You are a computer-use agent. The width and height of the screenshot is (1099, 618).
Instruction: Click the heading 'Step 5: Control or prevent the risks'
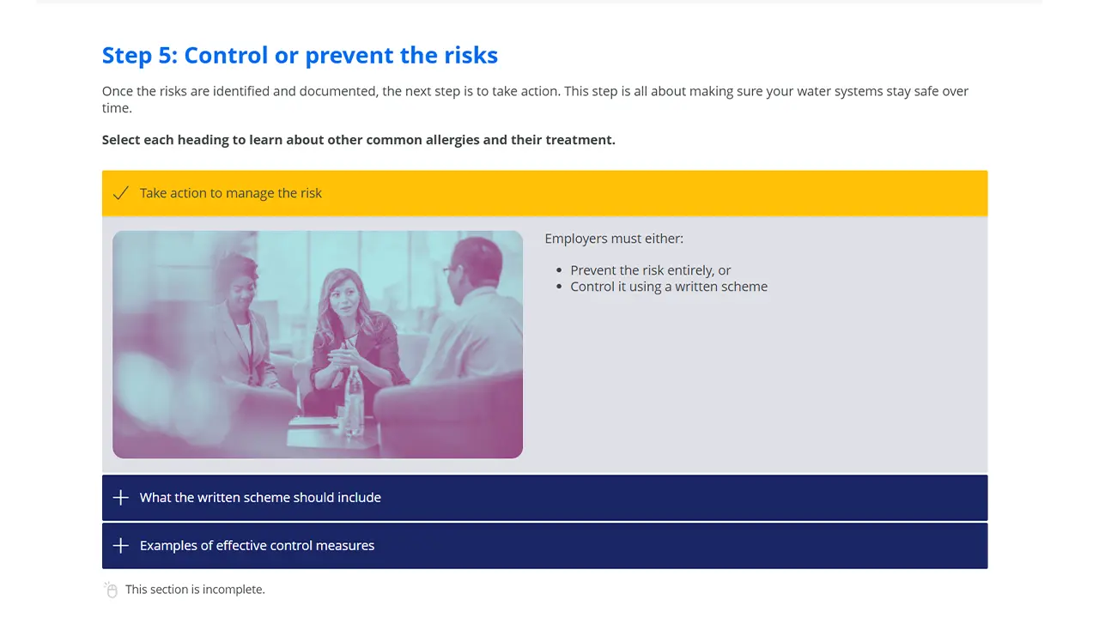(x=300, y=56)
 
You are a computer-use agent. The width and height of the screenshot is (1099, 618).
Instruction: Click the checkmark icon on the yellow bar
(x=121, y=193)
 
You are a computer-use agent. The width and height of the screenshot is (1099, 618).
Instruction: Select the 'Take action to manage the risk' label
(x=231, y=193)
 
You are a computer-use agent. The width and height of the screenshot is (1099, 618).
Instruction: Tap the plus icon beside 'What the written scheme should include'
(x=121, y=498)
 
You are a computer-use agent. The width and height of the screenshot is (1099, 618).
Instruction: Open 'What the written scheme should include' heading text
(x=260, y=498)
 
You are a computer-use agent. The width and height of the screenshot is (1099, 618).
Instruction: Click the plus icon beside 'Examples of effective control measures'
(x=121, y=546)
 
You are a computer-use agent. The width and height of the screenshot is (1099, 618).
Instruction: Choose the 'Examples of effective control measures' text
(x=257, y=546)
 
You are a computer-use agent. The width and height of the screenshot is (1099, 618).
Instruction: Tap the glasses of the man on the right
(x=450, y=270)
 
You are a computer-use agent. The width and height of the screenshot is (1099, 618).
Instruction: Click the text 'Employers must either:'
(x=614, y=239)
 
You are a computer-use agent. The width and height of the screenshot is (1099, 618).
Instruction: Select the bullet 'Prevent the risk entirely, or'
(x=651, y=270)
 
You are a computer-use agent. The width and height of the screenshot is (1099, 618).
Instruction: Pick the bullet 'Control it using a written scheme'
(x=669, y=287)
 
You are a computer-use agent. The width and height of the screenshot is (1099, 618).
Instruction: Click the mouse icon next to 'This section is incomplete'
(x=111, y=590)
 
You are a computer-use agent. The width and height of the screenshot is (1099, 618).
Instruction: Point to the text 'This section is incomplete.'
(x=195, y=590)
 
